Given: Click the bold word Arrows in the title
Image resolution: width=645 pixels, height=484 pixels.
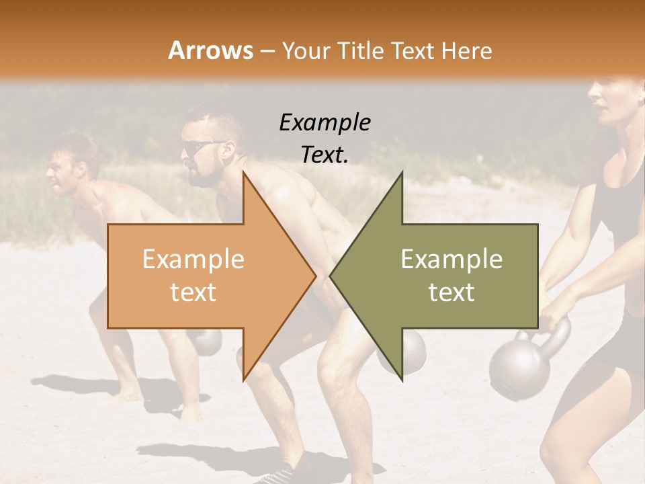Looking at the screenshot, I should [x=210, y=50].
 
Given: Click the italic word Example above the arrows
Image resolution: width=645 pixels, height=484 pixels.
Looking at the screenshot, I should [x=325, y=122].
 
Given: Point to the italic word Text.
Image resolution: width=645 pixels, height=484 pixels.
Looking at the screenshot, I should [x=325, y=155].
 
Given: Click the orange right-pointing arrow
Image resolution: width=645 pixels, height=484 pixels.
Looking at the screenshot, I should [x=202, y=276].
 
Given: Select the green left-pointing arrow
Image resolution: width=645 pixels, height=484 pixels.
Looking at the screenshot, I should [x=443, y=276].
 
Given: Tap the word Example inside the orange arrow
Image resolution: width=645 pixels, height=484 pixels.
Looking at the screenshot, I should [x=193, y=259].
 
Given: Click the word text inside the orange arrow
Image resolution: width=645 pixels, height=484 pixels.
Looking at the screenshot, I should [x=193, y=292].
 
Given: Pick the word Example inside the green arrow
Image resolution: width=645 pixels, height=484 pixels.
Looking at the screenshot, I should [x=451, y=259].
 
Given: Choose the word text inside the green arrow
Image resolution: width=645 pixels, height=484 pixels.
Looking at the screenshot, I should [x=451, y=292].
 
